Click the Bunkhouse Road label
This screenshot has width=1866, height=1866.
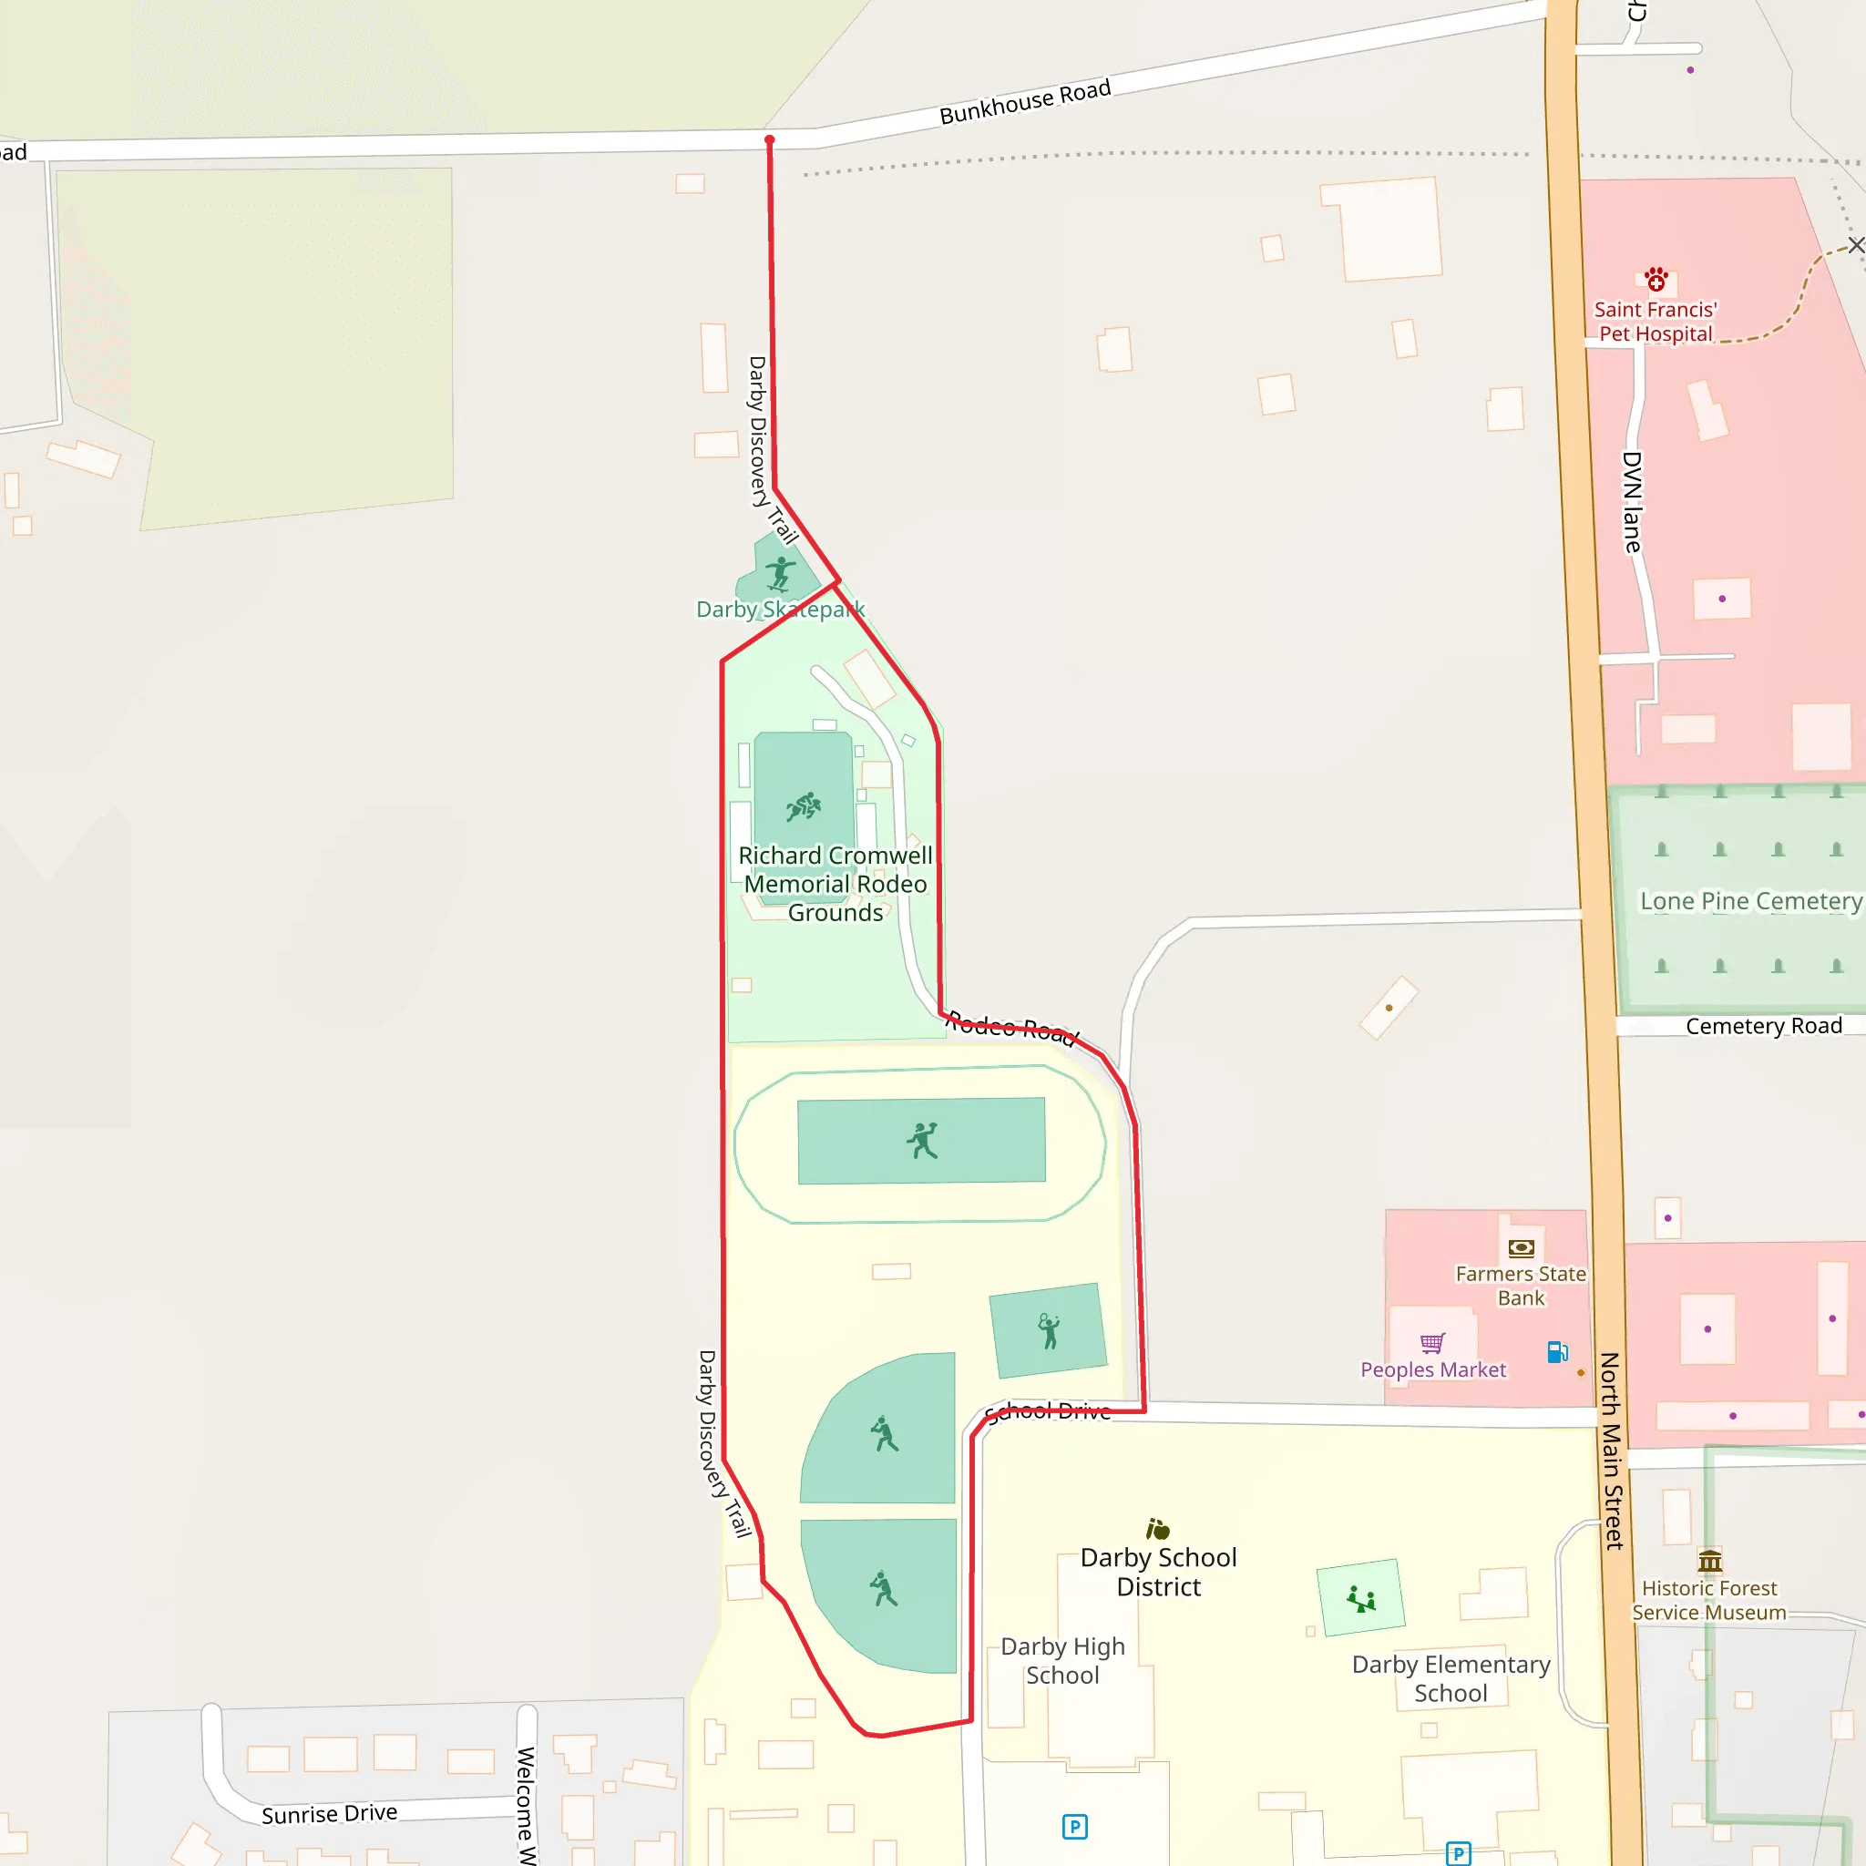tap(1025, 101)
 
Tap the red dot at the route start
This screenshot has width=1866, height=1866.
tap(770, 140)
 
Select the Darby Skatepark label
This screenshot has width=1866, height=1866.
tap(781, 610)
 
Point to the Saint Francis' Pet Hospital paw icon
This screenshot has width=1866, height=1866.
tap(1656, 280)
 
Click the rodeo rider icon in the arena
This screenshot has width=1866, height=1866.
tap(804, 806)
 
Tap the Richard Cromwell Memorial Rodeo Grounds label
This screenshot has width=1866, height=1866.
tap(836, 884)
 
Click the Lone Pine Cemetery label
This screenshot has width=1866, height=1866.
tap(1750, 901)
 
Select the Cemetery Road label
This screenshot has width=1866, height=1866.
tap(1764, 1026)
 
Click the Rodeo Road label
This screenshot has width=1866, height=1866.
tap(1011, 1028)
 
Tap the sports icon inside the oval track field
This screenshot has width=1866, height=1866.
tap(922, 1141)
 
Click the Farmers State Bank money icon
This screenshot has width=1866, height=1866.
tap(1522, 1248)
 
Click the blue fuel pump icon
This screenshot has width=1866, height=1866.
tap(1557, 1352)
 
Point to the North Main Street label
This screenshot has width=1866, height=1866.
tap(1611, 1451)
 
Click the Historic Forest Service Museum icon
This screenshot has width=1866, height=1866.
tap(1709, 1561)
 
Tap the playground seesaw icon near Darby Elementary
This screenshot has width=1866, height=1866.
tap(1361, 1599)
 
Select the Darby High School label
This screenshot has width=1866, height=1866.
tap(1062, 1660)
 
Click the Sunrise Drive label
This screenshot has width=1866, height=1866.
tap(329, 1814)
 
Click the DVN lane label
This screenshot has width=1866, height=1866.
tap(1632, 502)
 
